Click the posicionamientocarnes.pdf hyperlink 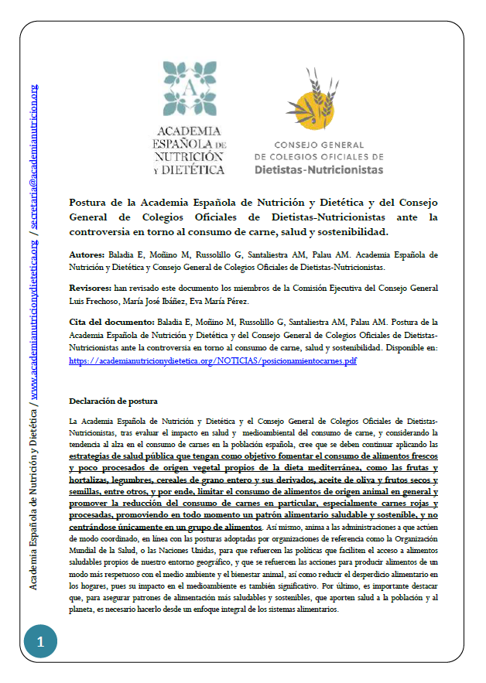click(x=213, y=360)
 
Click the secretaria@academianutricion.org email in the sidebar click(x=33, y=155)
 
